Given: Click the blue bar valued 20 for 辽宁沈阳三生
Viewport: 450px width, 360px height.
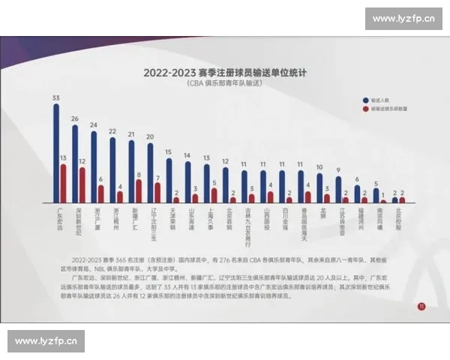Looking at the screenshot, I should pyautogui.click(x=150, y=173).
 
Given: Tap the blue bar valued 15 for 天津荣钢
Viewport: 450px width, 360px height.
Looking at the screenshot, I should pyautogui.click(x=169, y=181).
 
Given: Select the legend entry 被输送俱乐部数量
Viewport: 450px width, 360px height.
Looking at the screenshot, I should pyautogui.click(x=386, y=108).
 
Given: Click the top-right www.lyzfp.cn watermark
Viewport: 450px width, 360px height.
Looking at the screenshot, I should pyautogui.click(x=403, y=19).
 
